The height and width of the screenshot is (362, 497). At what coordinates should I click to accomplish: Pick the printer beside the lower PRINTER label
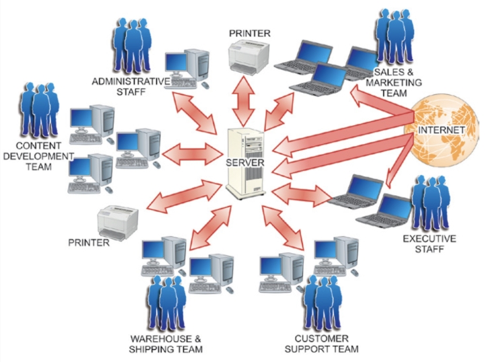pyautogui.click(x=118, y=221)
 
